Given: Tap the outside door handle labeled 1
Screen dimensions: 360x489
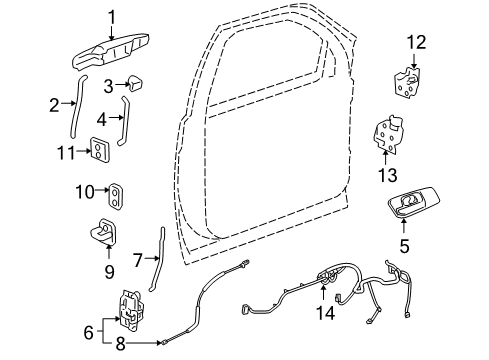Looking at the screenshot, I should click(x=111, y=52).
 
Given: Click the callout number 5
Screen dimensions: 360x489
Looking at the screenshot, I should click(x=405, y=244).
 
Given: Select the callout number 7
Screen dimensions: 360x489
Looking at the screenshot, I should click(x=138, y=260).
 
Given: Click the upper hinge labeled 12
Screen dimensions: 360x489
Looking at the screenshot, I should click(x=408, y=81).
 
